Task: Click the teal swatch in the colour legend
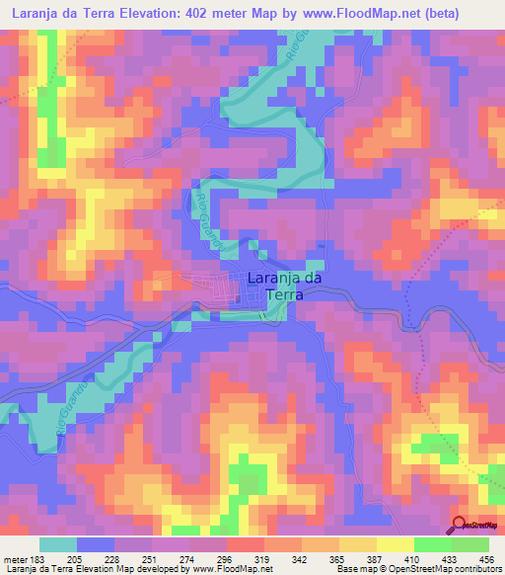pos(59,544)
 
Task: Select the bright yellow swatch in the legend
pos(396,544)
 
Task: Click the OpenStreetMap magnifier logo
pos(461,526)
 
